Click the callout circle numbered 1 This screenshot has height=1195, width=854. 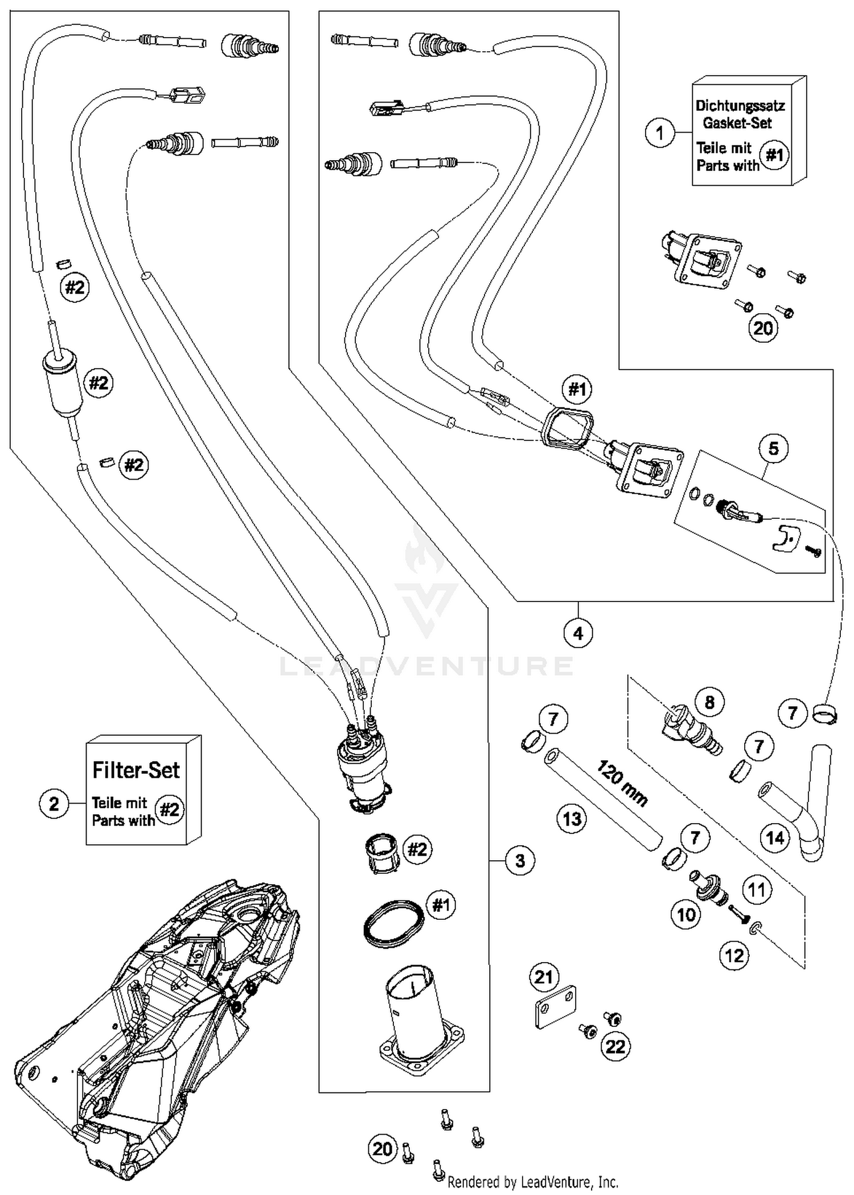pyautogui.click(x=659, y=133)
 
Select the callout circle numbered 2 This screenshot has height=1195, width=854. pyautogui.click(x=54, y=804)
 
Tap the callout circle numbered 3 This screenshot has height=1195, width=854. pyautogui.click(x=520, y=860)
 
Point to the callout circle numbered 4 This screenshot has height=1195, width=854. pyautogui.click(x=578, y=633)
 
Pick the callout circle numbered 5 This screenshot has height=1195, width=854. pyautogui.click(x=773, y=448)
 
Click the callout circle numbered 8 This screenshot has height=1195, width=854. pyautogui.click(x=709, y=702)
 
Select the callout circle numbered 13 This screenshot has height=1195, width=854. pyautogui.click(x=572, y=819)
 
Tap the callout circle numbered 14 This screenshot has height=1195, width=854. pyautogui.click(x=775, y=838)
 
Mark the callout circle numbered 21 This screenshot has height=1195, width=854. pyautogui.click(x=544, y=977)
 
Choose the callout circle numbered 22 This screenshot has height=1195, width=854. pyautogui.click(x=615, y=1046)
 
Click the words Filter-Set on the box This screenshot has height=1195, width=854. pyautogui.click(x=136, y=770)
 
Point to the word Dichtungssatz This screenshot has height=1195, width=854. pyautogui.click(x=740, y=106)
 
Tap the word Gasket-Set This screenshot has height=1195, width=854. pyautogui.click(x=737, y=123)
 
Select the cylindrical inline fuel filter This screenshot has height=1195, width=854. pyautogui.click(x=61, y=383)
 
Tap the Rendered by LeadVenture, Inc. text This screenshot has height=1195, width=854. pyautogui.click(x=533, y=1182)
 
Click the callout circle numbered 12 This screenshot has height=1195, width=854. pyautogui.click(x=734, y=955)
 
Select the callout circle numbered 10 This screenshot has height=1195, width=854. pyautogui.click(x=685, y=915)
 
